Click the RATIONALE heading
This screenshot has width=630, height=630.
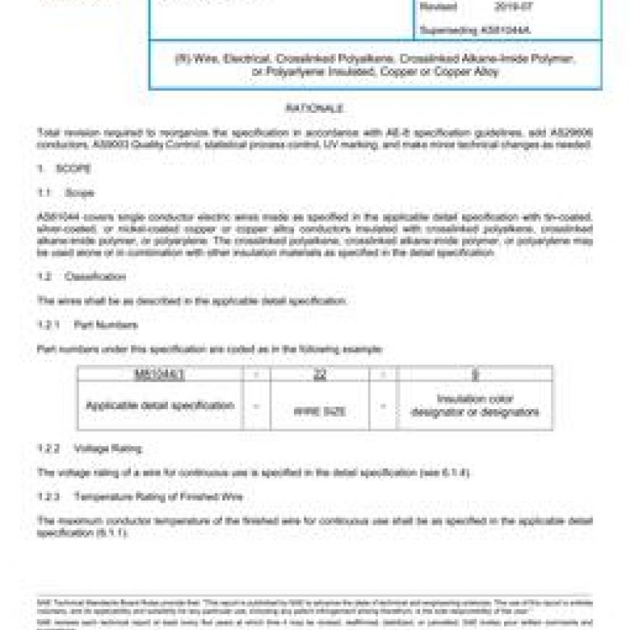click(314, 108)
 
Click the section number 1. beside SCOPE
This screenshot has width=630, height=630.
click(42, 169)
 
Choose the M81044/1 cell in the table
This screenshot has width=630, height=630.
click(160, 374)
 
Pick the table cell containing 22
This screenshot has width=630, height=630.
click(319, 374)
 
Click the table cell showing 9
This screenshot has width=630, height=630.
click(475, 374)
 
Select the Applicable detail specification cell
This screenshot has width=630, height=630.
click(160, 406)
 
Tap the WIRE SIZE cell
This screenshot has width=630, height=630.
click(319, 411)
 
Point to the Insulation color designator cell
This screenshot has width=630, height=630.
click(475, 406)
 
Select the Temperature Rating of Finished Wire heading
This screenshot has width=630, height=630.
click(158, 497)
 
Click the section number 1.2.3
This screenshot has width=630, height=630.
click(49, 497)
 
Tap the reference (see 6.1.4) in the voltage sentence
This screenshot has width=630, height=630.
click(445, 473)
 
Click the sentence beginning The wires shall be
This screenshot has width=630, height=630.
click(192, 301)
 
